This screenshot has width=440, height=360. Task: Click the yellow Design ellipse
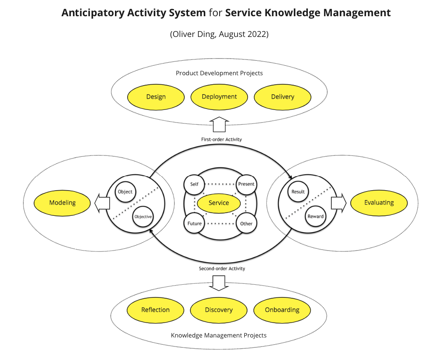pos(156,97)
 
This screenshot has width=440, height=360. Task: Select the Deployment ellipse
pos(219,97)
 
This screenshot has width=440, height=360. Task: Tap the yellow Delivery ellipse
pos(283,97)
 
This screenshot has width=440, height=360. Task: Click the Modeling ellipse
pos(63,203)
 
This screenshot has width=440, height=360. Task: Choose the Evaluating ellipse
pos(379,203)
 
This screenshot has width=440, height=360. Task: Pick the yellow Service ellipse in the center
pos(219,203)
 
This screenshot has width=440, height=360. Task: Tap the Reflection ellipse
pos(156,310)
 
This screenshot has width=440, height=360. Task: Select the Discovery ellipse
pos(219,310)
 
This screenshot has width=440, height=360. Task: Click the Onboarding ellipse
pos(282,310)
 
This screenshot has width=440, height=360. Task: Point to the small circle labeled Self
pos(194,183)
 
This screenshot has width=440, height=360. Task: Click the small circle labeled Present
pos(246,184)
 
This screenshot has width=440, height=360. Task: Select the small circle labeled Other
pos(246,223)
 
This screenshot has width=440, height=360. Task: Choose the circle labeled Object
pos(125,191)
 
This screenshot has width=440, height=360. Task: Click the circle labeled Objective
pos(142,217)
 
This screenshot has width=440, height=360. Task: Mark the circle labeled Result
pos(298,191)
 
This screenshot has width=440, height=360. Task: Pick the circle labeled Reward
pos(316,216)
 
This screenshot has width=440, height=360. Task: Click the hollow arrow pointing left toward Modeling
pos(102,203)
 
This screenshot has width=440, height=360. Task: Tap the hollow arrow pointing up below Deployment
pos(220,124)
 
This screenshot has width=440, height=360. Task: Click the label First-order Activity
pos(221,140)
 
